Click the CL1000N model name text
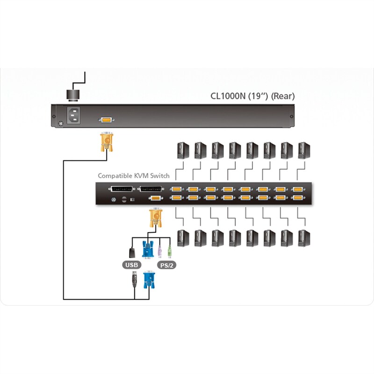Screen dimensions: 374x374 point(230,97)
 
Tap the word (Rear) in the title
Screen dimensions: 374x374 point(283,97)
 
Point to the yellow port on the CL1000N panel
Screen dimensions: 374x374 point(106,120)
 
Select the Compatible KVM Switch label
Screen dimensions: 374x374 point(133,176)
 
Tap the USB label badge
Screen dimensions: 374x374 point(131,265)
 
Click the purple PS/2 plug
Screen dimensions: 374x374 point(159,251)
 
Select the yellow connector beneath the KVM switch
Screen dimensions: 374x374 point(154,219)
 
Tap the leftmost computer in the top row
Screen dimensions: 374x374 point(180,151)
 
